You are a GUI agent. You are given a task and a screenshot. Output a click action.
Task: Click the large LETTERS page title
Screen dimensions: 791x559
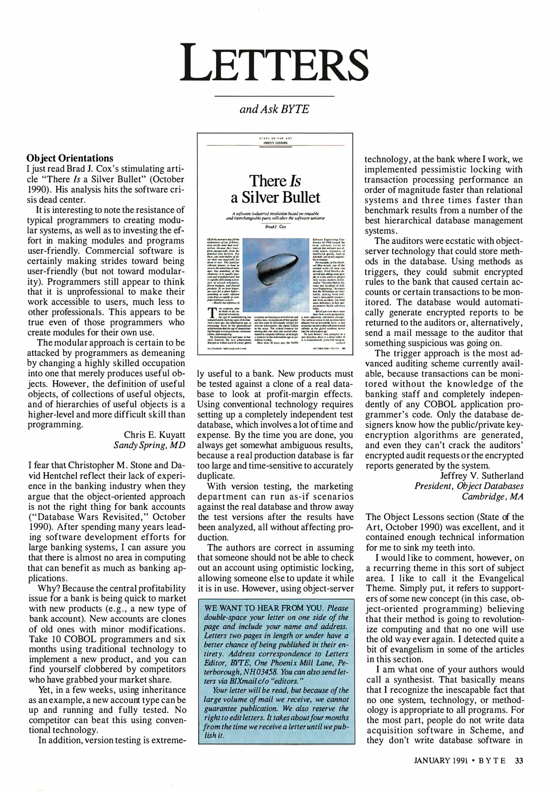pyautogui.click(x=275, y=64)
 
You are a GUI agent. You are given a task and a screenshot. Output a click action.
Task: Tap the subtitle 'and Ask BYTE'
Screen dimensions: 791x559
pyautogui.click(x=274, y=109)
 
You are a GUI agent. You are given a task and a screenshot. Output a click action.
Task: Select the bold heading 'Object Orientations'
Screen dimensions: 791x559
pyautogui.click(x=70, y=158)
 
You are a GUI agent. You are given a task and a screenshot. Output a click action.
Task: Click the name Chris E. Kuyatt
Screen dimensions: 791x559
pyautogui.click(x=154, y=435)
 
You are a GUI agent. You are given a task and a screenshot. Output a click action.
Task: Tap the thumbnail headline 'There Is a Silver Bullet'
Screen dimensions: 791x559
pyautogui.click(x=275, y=189)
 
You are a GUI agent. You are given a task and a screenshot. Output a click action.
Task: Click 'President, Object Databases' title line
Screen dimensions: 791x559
pyautogui.click(x=469, y=486)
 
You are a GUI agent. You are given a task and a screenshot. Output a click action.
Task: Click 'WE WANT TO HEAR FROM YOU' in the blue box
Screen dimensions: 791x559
pyautogui.click(x=265, y=608)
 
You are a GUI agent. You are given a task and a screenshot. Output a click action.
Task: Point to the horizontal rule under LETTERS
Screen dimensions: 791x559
pyautogui.click(x=274, y=96)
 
